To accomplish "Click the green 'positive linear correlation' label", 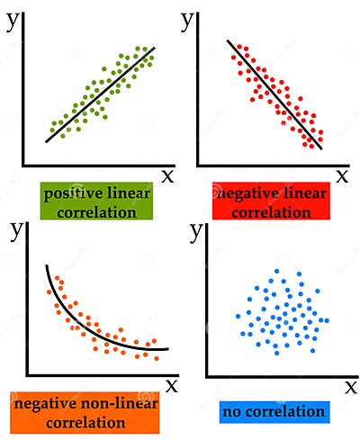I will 96,202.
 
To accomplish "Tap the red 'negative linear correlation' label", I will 271,202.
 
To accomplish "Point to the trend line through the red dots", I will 274,94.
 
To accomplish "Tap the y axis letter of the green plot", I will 13,21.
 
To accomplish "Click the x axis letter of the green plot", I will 167,175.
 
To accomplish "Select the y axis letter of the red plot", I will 188,21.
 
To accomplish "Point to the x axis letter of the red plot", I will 342,175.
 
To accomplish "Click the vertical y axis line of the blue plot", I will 207,306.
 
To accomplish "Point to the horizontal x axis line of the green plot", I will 90,166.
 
